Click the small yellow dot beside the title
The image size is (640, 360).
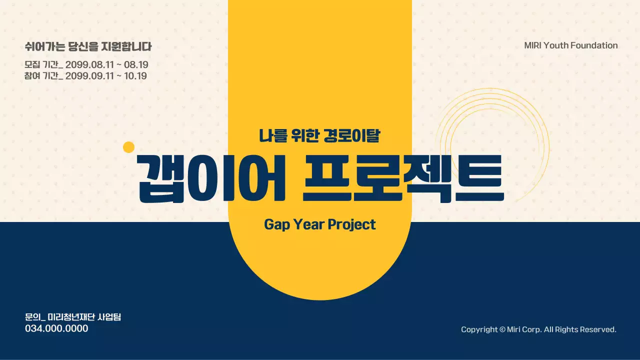point(129,147)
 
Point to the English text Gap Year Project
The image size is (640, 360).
point(320,224)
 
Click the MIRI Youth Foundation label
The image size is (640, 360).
point(570,45)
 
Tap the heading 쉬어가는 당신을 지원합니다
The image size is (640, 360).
point(88,47)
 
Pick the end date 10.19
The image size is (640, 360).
point(135,76)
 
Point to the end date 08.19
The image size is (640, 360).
point(136,64)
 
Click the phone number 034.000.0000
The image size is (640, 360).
point(56,328)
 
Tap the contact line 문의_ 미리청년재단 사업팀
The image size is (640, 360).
point(73,317)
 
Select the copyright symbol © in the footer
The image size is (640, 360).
point(502,329)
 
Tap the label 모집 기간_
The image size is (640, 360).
point(43,64)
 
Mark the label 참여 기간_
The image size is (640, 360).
point(43,76)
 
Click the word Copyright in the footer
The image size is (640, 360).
point(479,329)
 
